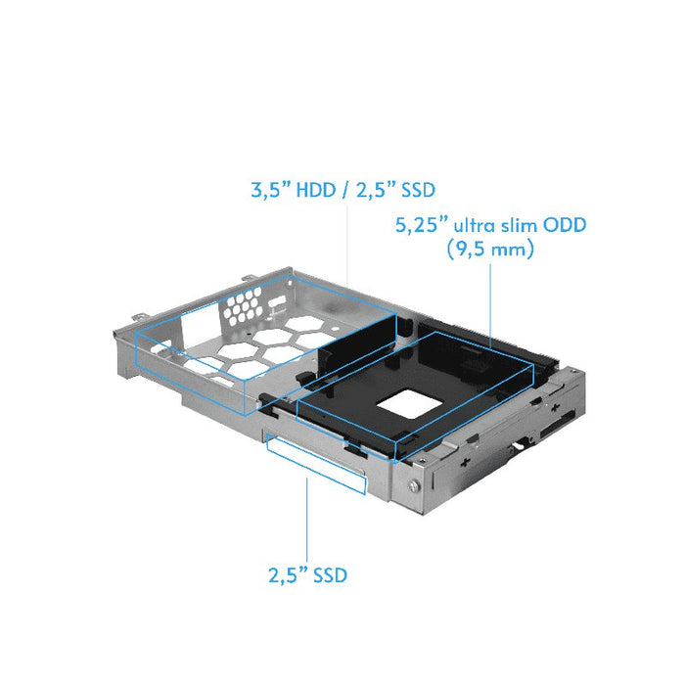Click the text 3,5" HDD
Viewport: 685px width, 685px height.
coord(290,191)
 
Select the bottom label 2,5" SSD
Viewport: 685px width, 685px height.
coord(307,575)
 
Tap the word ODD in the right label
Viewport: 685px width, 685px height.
coord(567,226)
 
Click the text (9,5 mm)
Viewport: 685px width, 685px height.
coord(489,251)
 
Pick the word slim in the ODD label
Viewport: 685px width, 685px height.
coord(520,226)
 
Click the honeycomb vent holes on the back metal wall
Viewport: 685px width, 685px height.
coord(245,311)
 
